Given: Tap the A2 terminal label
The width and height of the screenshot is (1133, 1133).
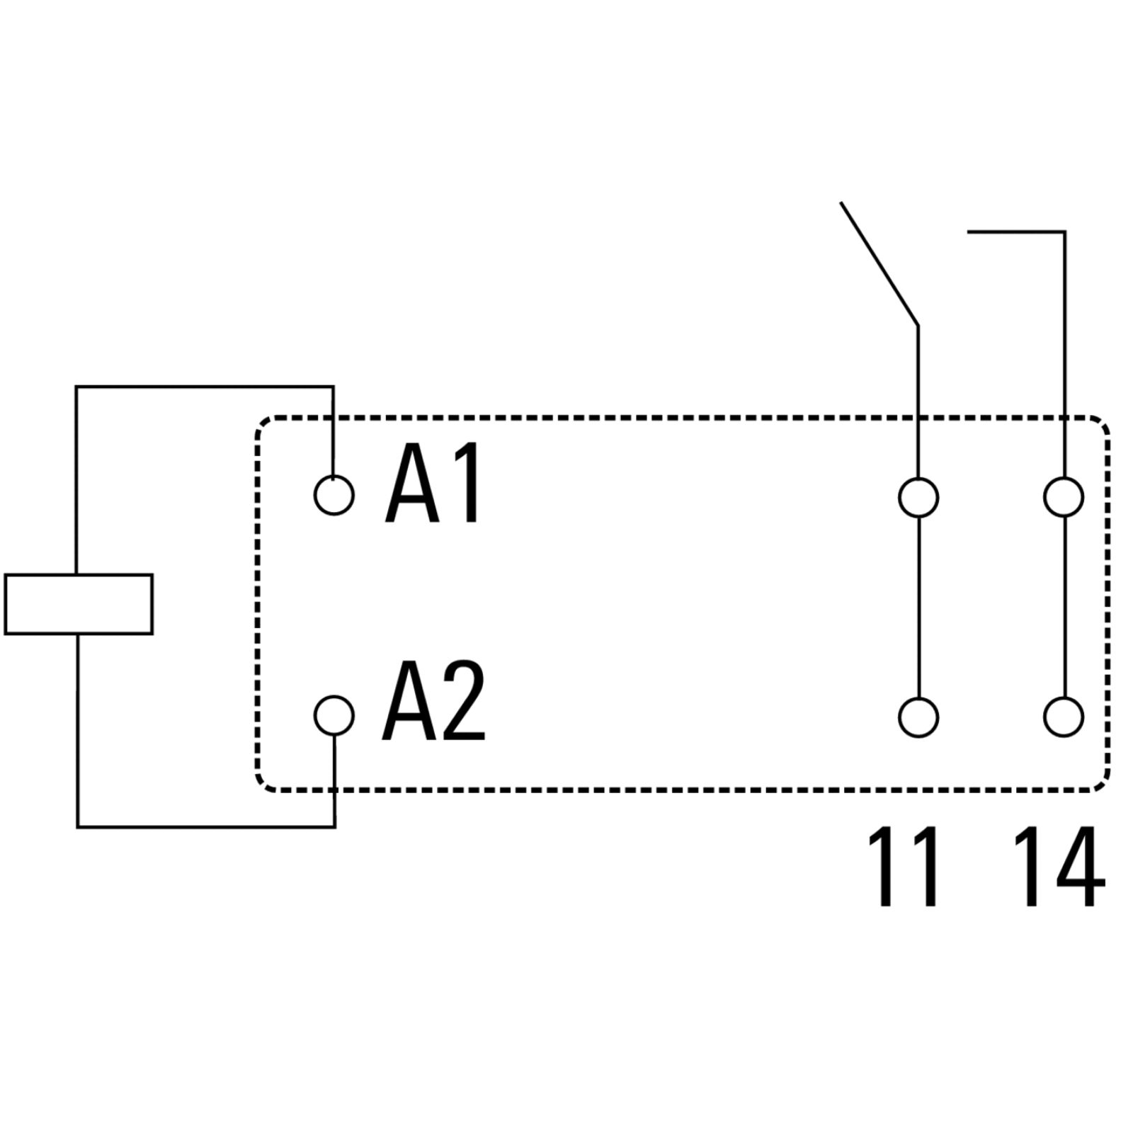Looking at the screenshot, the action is tap(433, 701).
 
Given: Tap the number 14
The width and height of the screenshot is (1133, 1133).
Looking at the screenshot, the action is tap(1059, 866).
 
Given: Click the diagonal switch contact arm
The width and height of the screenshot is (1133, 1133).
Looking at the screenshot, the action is tap(879, 263).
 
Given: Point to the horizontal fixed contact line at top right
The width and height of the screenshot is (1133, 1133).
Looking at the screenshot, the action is tap(1016, 232).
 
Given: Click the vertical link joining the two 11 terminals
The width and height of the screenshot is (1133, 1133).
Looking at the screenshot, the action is tap(918, 608).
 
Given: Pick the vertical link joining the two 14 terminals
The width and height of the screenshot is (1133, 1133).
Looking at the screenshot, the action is tap(1064, 608).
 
